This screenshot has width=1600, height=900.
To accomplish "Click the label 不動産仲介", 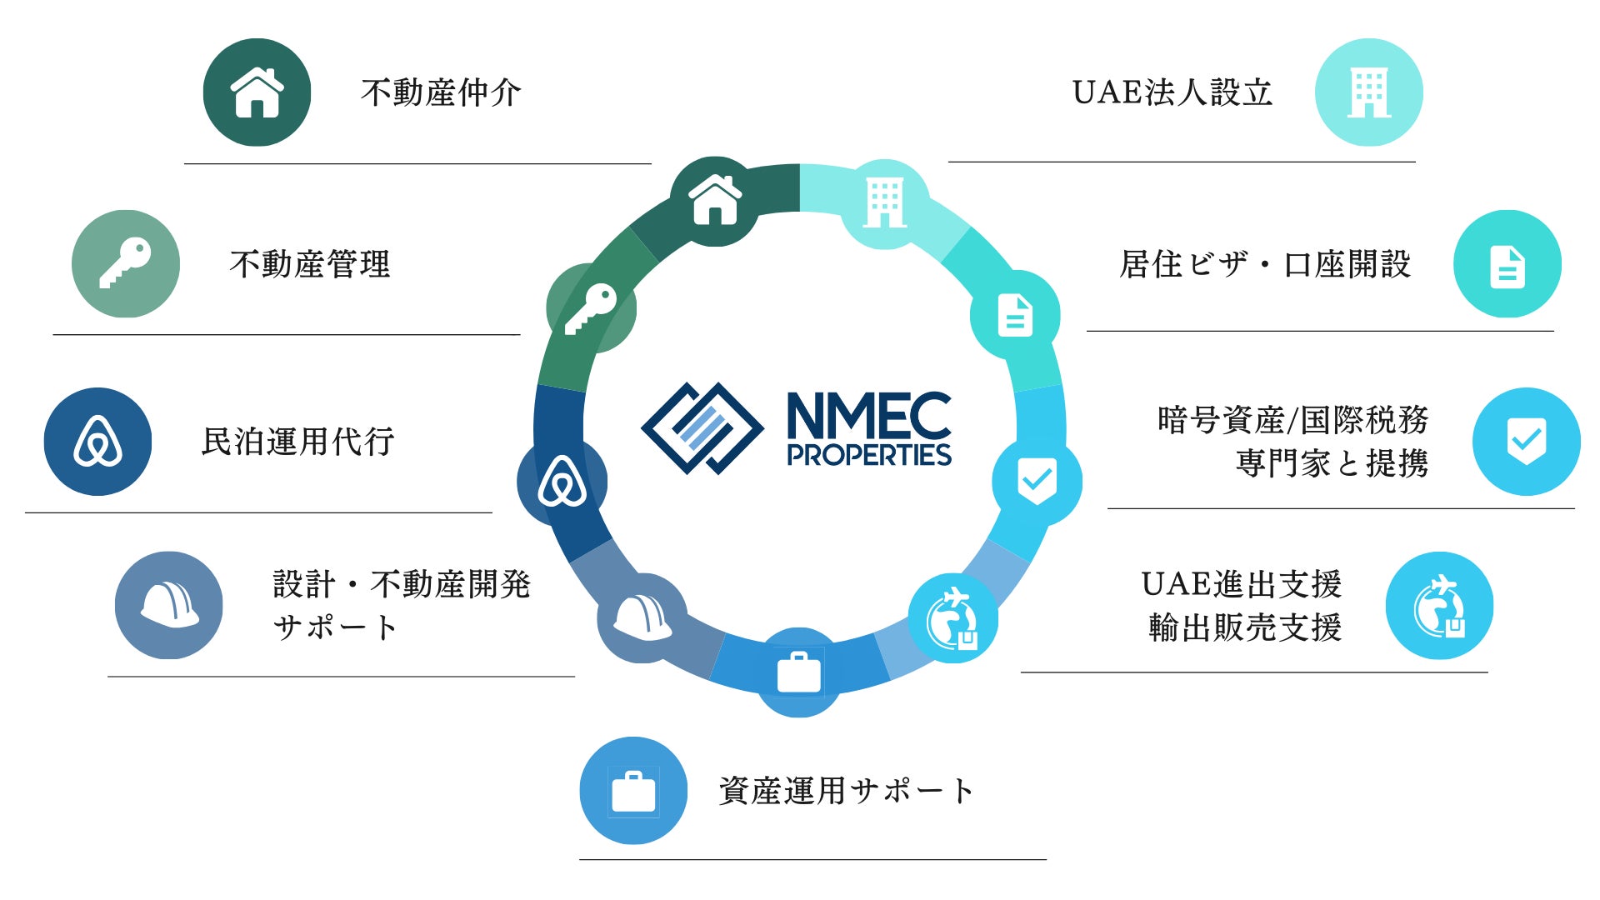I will pyautogui.click(x=441, y=92).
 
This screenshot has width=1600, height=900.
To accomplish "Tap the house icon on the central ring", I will pyautogui.click(x=714, y=202).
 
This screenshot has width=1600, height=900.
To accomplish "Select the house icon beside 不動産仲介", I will pyautogui.click(x=257, y=92).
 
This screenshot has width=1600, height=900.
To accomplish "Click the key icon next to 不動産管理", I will pyautogui.click(x=126, y=263).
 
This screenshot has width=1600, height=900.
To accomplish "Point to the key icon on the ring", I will pyautogui.click(x=591, y=308).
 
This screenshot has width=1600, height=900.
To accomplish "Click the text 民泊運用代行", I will pyautogui.click(x=297, y=442).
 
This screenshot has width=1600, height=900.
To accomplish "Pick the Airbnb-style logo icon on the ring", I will pyautogui.click(x=562, y=482).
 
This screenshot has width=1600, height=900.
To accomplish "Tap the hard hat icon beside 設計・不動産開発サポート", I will pyautogui.click(x=169, y=605).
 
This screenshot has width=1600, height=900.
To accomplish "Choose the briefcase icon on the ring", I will pyautogui.click(x=799, y=672).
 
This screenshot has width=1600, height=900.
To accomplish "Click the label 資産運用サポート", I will pyautogui.click(x=846, y=791).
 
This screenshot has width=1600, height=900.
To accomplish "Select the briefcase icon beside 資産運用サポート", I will pyautogui.click(x=633, y=791).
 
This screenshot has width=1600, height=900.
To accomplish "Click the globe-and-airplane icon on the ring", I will pyautogui.click(x=952, y=618).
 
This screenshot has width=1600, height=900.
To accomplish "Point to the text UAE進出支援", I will pyautogui.click(x=1241, y=584).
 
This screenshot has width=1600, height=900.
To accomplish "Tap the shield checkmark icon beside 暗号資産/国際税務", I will pyautogui.click(x=1526, y=442).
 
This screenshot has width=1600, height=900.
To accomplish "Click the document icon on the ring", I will pyautogui.click(x=1015, y=315).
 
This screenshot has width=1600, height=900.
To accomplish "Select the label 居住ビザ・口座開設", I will pyautogui.click(x=1265, y=264).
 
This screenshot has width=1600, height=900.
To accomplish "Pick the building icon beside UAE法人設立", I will pyautogui.click(x=1368, y=92).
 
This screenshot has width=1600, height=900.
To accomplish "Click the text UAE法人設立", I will pyautogui.click(x=1172, y=92).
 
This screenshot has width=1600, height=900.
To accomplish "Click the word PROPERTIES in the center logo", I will pyautogui.click(x=869, y=455).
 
